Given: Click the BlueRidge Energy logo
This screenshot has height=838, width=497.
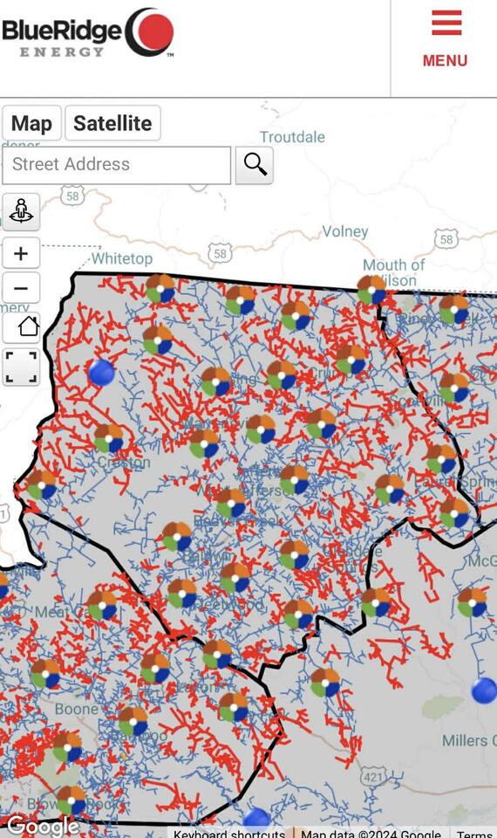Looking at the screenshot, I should point(87,33).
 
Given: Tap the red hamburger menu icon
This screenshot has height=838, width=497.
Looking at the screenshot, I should point(446,23).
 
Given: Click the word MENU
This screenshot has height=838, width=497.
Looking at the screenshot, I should point(445,60).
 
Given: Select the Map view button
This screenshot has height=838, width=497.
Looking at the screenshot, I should point(31,123).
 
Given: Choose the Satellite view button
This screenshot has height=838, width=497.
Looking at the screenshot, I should point(112,123).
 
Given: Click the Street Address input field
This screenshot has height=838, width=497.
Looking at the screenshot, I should point(116,164).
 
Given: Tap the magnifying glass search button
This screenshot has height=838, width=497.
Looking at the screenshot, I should point(255,164).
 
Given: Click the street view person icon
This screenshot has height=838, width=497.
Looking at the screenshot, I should point(21,211).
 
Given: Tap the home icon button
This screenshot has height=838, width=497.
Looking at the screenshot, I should point(21,327).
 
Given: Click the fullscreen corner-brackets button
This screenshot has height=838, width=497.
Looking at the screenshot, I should point(21,367).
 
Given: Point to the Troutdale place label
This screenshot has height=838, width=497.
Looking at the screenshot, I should point(292,137).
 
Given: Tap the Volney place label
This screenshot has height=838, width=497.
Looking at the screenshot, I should point(345,231).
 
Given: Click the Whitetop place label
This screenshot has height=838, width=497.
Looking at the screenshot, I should point(122,258).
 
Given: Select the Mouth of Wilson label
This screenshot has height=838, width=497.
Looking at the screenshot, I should point(394,271).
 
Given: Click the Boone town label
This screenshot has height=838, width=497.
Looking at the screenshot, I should point(77,709).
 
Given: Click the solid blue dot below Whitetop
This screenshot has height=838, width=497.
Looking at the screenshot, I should point(102,373).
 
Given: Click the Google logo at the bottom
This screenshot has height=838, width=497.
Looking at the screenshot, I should point(42,825).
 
